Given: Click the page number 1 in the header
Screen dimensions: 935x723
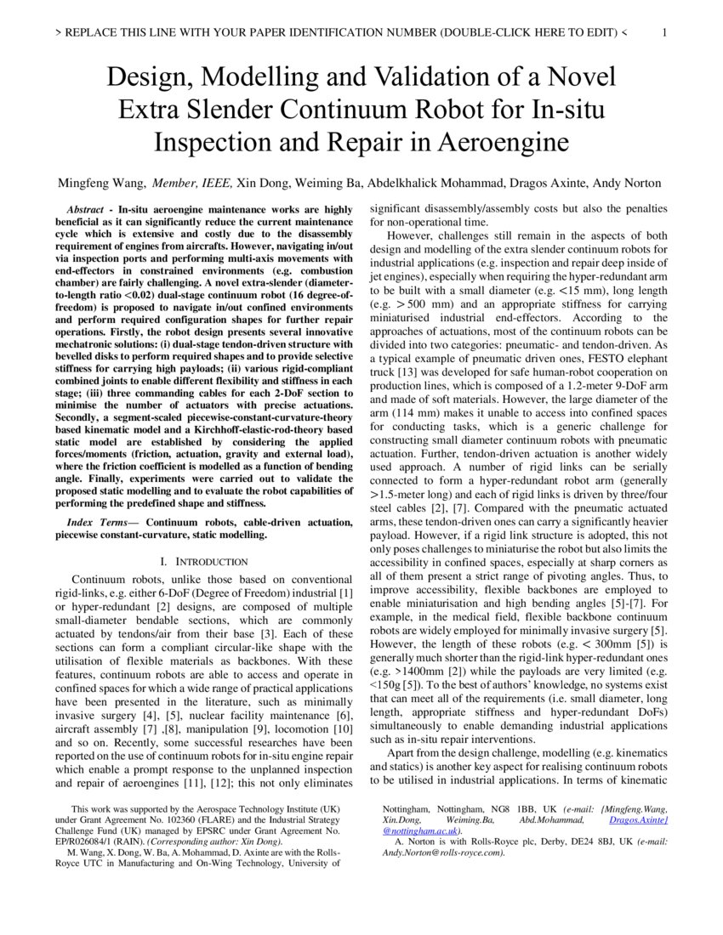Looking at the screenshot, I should coord(664,33).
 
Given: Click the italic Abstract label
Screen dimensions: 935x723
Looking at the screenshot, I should coord(86,209).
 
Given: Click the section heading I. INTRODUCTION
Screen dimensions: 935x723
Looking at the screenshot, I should coord(204,561).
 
